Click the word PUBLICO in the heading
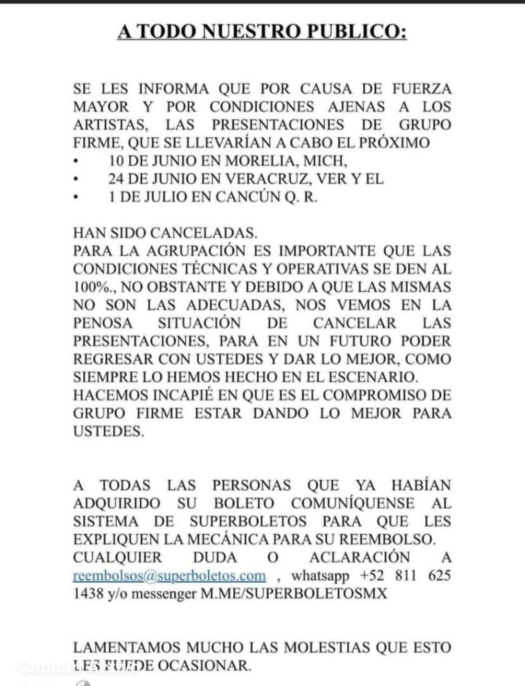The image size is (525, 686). coord(361,31)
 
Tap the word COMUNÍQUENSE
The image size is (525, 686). coord(356,502)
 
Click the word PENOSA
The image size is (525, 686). coord(102,324)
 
